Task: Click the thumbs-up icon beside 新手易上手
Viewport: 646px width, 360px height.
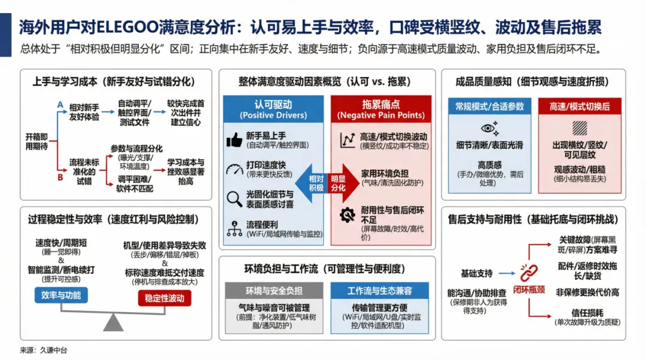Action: pos(234,141)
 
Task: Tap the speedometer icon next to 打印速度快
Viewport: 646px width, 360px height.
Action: pos(234,169)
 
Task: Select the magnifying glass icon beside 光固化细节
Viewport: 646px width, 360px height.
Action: pos(234,198)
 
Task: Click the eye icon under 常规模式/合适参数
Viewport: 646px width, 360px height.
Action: pos(489,128)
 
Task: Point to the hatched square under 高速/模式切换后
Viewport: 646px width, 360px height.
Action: pos(580,128)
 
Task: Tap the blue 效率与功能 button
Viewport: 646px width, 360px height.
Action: pos(61,295)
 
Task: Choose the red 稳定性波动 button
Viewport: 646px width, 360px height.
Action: pos(164,298)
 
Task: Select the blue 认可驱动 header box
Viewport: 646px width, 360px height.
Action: pos(273,109)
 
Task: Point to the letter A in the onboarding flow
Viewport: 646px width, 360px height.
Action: pos(60,105)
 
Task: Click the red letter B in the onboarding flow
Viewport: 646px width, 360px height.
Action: pos(60,177)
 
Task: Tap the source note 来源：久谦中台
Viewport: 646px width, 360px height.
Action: pos(43,350)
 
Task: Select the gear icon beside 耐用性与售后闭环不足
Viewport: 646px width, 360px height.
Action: pos(347,214)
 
